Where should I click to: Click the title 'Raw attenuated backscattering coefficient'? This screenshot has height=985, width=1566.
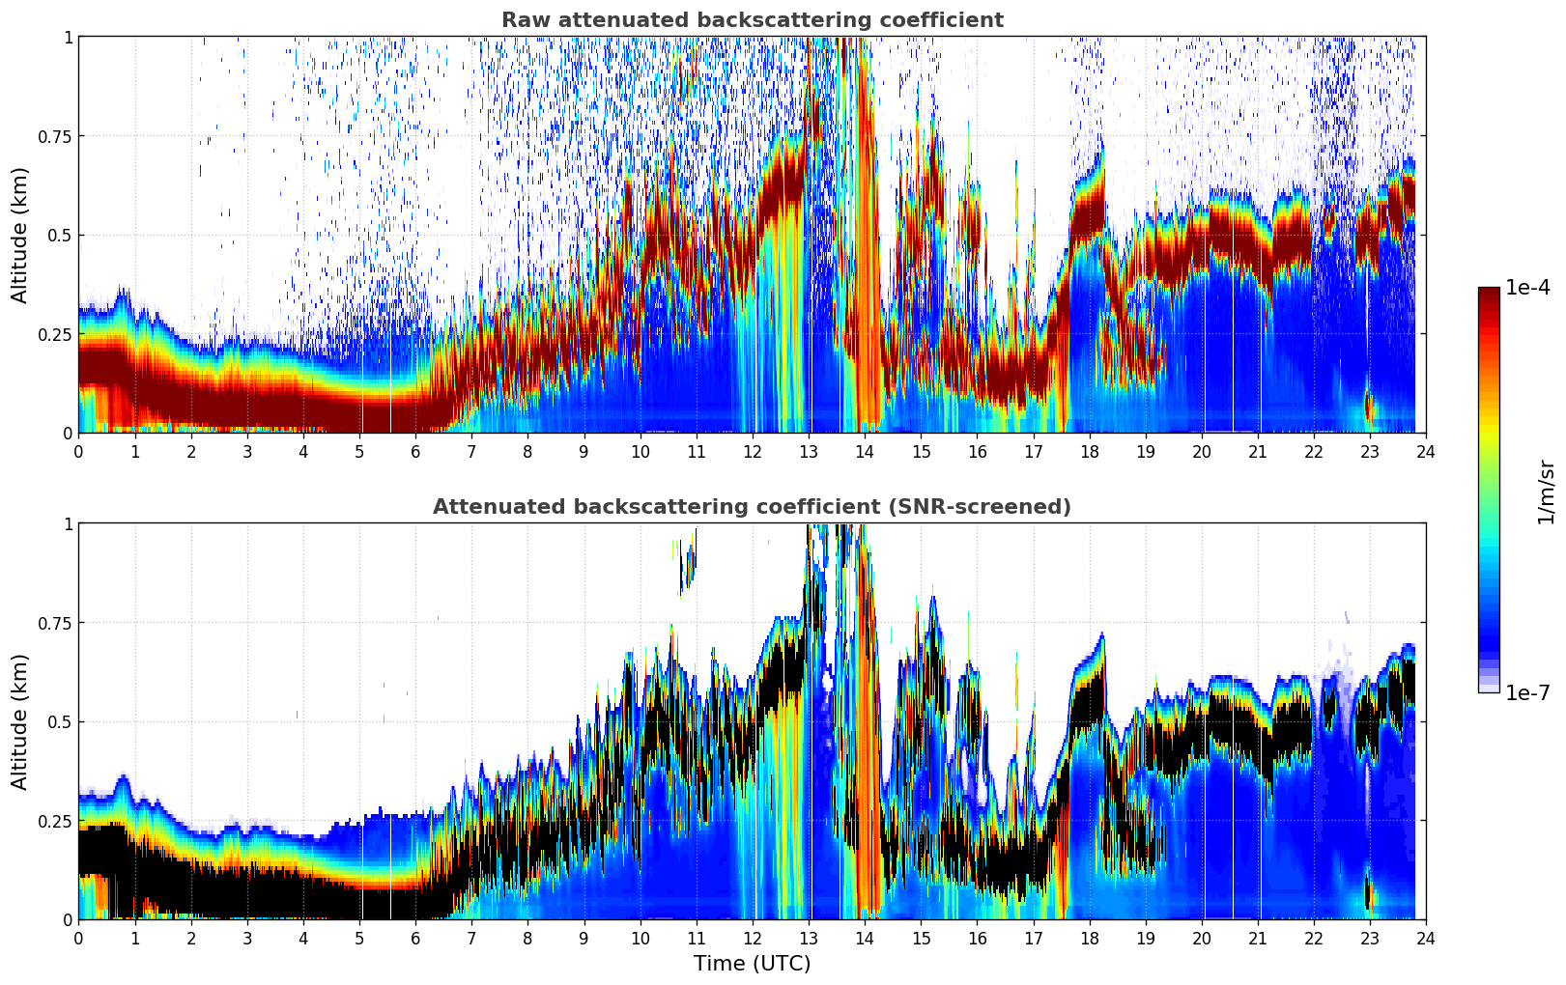[752, 20]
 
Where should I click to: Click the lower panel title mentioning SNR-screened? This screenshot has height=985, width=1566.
[752, 507]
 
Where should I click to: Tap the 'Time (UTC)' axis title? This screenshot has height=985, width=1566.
[752, 963]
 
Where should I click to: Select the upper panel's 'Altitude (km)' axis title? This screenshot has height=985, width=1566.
[20, 235]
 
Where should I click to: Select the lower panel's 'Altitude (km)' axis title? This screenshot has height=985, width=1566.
[20, 721]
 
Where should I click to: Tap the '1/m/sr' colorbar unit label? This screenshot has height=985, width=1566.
[1545, 491]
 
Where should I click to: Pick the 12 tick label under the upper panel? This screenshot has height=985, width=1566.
[752, 451]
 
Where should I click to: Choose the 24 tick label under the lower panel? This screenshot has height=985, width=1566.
[1425, 938]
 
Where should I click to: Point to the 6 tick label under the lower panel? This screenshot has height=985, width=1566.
[415, 938]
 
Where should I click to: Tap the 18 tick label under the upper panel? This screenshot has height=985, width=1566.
[1089, 451]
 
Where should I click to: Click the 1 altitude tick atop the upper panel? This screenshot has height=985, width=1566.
[68, 38]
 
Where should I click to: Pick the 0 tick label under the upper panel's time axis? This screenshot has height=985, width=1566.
[79, 451]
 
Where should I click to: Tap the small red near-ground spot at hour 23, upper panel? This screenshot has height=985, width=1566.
[1369, 408]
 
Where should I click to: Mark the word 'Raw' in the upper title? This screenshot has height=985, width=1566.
[522, 20]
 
